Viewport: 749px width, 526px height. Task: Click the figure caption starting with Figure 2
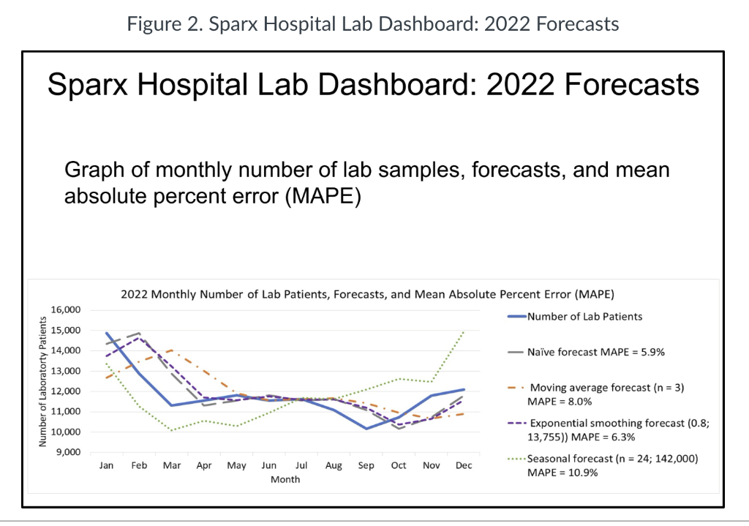(x=373, y=23)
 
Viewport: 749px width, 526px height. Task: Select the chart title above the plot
(x=366, y=295)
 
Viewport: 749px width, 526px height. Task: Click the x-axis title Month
(x=285, y=479)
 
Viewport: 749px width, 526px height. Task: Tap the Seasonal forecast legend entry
(x=604, y=466)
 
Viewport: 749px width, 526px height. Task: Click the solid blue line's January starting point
(x=108, y=333)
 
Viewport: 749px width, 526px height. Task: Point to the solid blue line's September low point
(x=366, y=429)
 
